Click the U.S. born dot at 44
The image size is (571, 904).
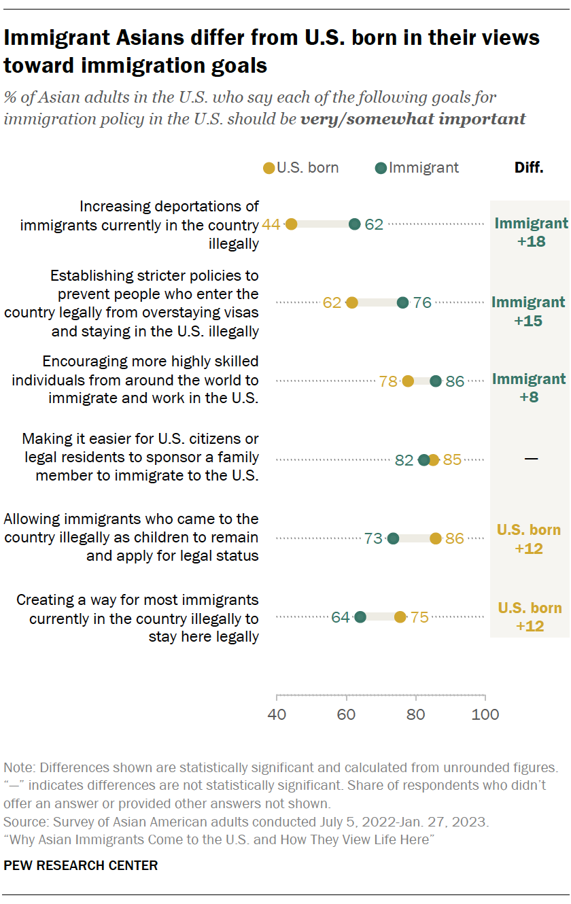click(291, 224)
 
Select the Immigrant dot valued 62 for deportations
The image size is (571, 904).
click(354, 224)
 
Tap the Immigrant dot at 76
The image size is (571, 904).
click(402, 302)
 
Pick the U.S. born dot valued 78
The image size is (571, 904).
click(408, 381)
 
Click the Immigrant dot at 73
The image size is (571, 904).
click(393, 538)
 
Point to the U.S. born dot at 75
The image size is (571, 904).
click(400, 617)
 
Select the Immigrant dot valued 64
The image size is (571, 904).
click(360, 617)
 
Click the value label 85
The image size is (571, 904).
click(452, 460)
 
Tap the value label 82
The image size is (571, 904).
click(404, 460)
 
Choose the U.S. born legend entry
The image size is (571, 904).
click(300, 168)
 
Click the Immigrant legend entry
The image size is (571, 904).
click(417, 168)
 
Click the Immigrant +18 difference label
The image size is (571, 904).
click(531, 232)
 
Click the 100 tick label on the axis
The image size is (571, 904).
click(485, 714)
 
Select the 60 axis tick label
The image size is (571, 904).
click(347, 714)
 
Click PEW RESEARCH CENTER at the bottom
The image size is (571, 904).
click(81, 865)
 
